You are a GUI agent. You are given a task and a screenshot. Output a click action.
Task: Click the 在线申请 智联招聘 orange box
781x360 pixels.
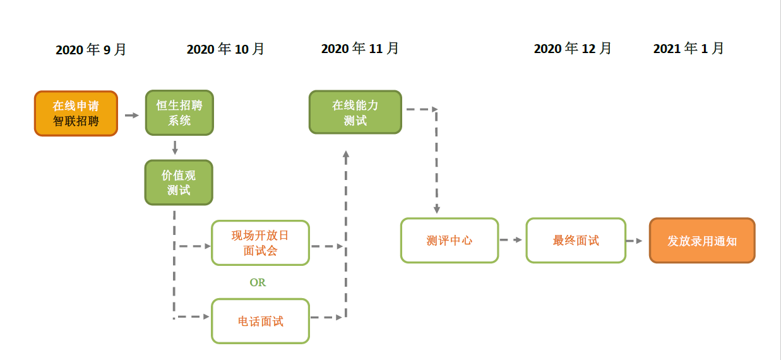click(x=76, y=114)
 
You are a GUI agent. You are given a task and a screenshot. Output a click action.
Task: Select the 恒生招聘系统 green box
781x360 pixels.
click(x=179, y=112)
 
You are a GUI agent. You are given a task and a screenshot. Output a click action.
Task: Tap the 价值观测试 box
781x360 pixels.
click(x=179, y=183)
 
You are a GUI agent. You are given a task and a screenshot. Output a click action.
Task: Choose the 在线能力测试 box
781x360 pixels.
click(x=355, y=112)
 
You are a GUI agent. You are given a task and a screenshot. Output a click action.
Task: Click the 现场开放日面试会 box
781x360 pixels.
click(x=260, y=243)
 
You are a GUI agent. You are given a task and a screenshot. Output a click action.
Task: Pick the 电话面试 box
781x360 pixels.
click(x=260, y=321)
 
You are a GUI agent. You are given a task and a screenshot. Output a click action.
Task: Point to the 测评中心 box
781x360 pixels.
click(x=450, y=241)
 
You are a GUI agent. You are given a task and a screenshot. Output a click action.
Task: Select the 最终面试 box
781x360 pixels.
click(x=576, y=241)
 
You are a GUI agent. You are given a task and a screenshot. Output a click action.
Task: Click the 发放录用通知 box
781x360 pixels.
click(x=702, y=241)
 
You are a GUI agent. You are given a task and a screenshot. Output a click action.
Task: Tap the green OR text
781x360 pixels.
click(x=258, y=282)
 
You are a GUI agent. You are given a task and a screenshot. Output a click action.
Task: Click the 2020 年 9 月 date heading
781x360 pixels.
click(x=91, y=49)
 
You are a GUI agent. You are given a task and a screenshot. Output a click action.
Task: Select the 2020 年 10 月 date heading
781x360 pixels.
click(x=225, y=49)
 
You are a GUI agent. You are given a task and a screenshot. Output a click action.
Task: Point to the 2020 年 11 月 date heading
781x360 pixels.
click(x=360, y=48)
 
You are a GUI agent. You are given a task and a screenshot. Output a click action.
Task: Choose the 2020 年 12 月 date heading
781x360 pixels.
click(x=573, y=48)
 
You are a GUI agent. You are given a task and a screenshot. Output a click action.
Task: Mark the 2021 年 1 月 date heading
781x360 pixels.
click(x=688, y=48)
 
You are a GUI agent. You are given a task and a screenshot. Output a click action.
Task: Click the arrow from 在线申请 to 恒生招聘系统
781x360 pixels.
click(x=132, y=115)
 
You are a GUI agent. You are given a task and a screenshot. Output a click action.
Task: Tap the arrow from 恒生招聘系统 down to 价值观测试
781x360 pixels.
click(x=175, y=148)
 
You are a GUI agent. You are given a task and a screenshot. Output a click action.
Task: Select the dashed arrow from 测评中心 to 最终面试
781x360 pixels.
click(x=511, y=239)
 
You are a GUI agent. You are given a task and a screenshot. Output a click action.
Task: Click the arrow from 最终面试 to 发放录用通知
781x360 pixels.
click(x=635, y=241)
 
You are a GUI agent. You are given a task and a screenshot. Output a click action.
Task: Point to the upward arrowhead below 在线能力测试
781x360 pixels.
click(x=346, y=157)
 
